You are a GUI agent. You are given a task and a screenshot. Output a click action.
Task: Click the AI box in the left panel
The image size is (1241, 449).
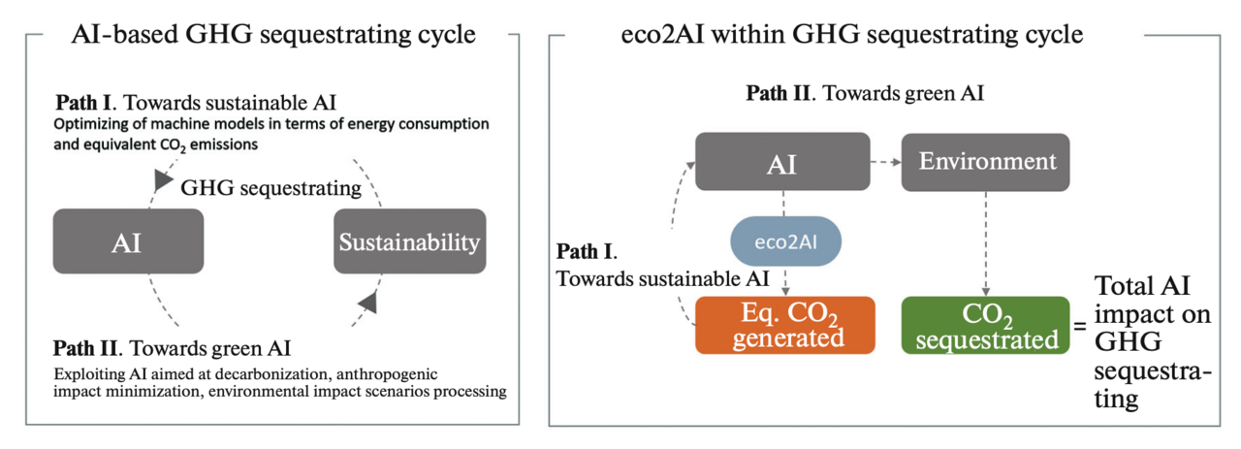[x=128, y=241]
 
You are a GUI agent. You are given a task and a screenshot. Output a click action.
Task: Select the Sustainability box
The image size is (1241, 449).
[x=409, y=241]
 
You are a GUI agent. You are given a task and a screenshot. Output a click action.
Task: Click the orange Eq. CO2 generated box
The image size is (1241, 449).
[x=785, y=324]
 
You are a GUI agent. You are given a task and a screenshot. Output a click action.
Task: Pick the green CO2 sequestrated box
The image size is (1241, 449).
[x=985, y=324]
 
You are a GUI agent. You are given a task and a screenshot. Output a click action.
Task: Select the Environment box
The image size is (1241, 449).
[x=985, y=162]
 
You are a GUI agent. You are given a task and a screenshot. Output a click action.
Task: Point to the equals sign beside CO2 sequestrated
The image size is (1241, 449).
[x=1078, y=327]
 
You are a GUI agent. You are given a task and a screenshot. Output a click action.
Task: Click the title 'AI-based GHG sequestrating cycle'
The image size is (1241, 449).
[x=273, y=36]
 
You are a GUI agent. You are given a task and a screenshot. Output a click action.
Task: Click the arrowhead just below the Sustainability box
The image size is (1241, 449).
[x=366, y=304]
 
